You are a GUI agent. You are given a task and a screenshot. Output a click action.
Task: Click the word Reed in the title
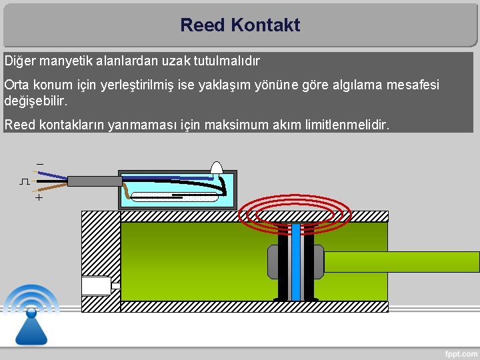pyautogui.click(x=203, y=26)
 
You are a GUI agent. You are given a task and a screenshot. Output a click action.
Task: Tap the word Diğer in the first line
pyautogui.click(x=20, y=61)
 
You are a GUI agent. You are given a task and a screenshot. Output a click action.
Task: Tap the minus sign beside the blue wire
pyautogui.click(x=39, y=164)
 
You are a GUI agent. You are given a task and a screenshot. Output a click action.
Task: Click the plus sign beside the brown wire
pyautogui.click(x=39, y=198)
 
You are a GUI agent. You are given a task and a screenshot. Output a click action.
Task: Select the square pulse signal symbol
pyautogui.click(x=25, y=181)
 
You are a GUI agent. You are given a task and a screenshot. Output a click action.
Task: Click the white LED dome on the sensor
pyautogui.click(x=217, y=168)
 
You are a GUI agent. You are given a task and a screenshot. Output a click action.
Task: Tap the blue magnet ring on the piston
pyautogui.click(x=296, y=262)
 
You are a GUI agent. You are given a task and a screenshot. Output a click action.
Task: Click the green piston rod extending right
pyautogui.click(x=400, y=262)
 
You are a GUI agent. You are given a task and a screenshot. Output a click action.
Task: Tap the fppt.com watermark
pyautogui.click(x=459, y=352)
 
